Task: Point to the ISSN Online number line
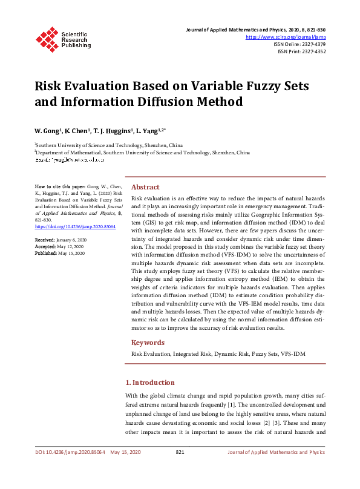pyautogui.click(x=299, y=44)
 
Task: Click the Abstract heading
pyautogui.click(x=145, y=188)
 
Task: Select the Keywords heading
pyautogui.click(x=148, y=343)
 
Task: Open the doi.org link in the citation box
pyautogui.click(x=67, y=226)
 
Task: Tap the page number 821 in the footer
pyautogui.click(x=180, y=452)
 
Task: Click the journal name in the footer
pyautogui.click(x=276, y=452)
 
